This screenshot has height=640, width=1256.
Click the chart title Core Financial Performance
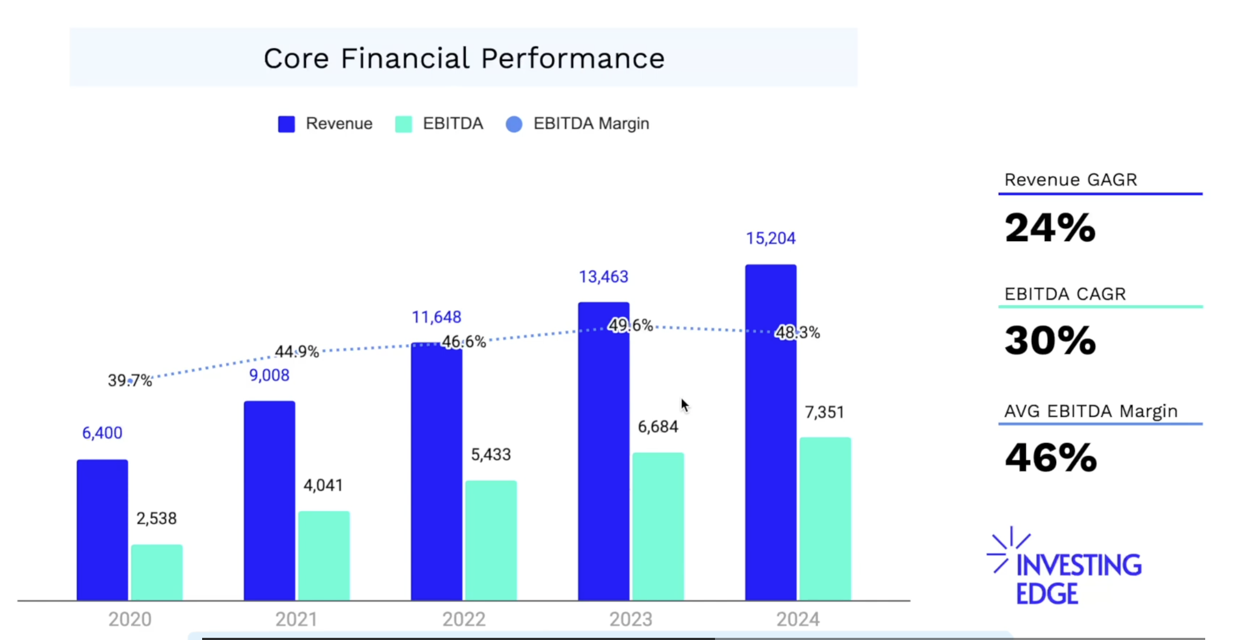(464, 58)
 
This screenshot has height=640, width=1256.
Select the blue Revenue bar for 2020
(102, 530)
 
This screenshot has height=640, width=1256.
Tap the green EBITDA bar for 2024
(825, 519)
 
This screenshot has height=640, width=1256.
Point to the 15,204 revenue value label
(771, 238)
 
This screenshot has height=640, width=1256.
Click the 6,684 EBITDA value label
(658, 427)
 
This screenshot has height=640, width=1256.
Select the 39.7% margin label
(130, 381)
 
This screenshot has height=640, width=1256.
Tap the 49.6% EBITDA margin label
(630, 325)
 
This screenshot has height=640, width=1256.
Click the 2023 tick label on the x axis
(631, 619)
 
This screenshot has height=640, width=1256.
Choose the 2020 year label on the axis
(130, 619)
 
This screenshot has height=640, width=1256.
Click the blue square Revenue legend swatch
(286, 124)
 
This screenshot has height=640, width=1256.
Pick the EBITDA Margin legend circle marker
(514, 124)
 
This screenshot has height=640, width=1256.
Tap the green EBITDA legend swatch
(404, 124)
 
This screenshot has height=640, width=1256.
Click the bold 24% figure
(1050, 228)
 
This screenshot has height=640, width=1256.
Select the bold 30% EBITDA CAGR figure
(1050, 341)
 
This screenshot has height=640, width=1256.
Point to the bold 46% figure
(1051, 458)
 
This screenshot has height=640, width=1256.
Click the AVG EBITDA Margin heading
(1091, 411)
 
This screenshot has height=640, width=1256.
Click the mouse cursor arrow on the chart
(685, 405)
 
